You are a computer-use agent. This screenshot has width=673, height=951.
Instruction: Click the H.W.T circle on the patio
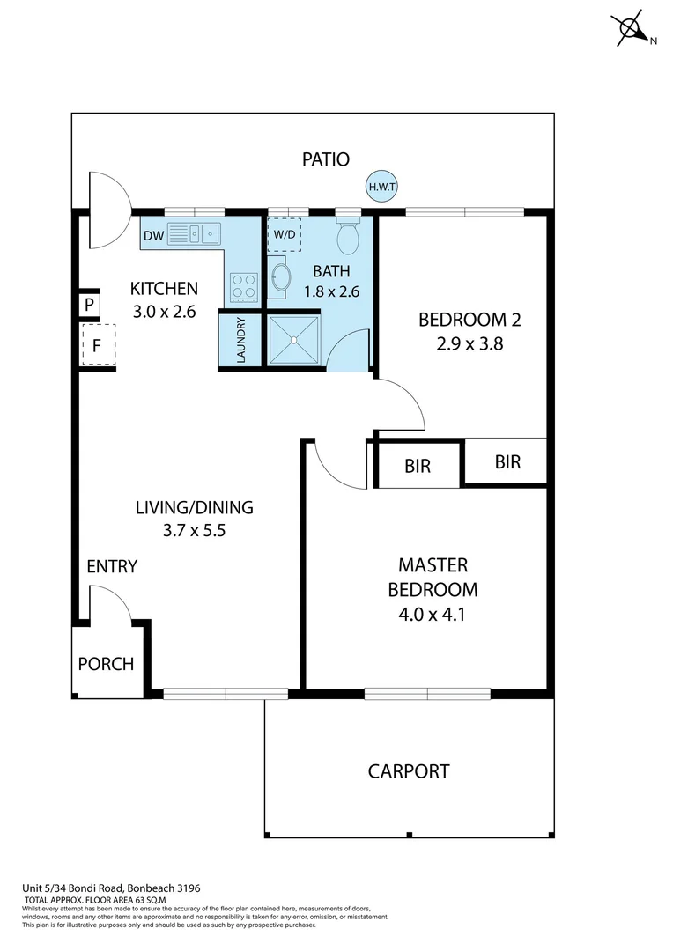(x=382, y=186)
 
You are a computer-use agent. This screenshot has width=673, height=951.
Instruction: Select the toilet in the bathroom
(x=349, y=236)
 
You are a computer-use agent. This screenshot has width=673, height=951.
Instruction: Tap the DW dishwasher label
(x=153, y=235)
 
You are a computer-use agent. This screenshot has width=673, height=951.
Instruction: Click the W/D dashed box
(x=285, y=235)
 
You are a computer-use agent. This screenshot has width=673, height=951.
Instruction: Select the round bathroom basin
(x=279, y=276)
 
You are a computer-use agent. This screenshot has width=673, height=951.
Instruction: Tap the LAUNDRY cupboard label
(x=240, y=340)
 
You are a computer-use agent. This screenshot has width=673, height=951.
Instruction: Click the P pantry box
(x=90, y=306)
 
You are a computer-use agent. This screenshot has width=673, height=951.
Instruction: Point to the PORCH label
(x=106, y=664)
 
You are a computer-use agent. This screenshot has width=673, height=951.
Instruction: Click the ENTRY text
(x=112, y=567)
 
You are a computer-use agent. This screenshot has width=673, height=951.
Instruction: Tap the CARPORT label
(x=409, y=772)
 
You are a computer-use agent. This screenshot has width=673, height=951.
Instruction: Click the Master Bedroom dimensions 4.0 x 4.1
(x=433, y=614)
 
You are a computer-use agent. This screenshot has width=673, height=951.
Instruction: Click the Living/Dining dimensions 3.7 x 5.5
(x=194, y=531)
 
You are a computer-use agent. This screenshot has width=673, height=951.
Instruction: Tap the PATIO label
(x=326, y=159)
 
